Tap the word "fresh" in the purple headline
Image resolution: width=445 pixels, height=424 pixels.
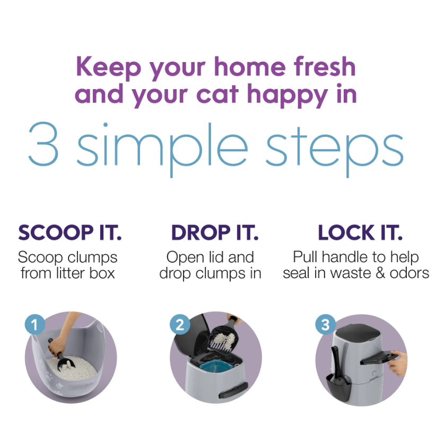point(325,66)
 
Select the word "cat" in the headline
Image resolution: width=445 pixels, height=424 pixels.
point(217,94)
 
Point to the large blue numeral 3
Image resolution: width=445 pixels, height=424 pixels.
point(43,144)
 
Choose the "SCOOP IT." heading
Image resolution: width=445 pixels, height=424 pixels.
point(70,232)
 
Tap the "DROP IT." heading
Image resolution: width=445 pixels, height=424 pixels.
point(215,232)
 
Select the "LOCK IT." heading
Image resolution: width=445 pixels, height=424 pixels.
point(360,232)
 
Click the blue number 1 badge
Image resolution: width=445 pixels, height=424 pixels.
point(34,324)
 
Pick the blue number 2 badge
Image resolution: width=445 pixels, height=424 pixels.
point(180,324)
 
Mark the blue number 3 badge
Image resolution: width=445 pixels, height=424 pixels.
point(326,324)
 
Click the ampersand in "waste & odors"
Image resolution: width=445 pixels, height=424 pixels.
point(380,273)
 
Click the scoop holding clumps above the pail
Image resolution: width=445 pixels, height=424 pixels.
point(224,334)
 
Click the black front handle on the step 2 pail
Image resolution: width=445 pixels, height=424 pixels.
point(233,389)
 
